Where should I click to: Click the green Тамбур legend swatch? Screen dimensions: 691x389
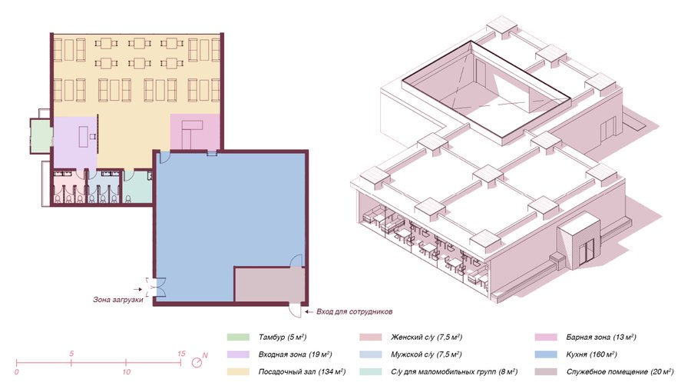(x=239, y=337)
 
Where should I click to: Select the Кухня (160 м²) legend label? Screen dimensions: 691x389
(x=591, y=354)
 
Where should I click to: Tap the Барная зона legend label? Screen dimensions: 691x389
(x=601, y=337)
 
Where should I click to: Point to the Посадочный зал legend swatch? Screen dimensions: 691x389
(x=239, y=372)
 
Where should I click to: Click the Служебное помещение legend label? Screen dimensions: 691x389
(x=620, y=372)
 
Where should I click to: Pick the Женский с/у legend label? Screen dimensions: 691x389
(x=427, y=337)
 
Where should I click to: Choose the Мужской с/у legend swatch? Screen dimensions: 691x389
(x=371, y=354)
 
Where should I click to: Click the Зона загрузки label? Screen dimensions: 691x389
(x=118, y=300)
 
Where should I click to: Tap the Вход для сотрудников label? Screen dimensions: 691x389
(x=354, y=312)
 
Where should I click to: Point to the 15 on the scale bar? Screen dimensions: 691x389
(x=181, y=354)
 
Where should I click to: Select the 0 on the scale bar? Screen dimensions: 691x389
(x=17, y=372)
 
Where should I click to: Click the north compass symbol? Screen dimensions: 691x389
(x=199, y=361)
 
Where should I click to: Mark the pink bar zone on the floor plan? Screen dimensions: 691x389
(x=195, y=131)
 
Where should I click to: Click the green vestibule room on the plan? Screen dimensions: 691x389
(x=41, y=136)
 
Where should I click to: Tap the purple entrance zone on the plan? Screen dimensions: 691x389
(x=75, y=142)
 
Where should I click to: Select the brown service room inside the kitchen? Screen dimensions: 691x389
(x=269, y=284)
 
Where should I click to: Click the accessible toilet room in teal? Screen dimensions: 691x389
(x=137, y=188)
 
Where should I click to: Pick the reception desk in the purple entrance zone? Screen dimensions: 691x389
(x=84, y=137)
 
